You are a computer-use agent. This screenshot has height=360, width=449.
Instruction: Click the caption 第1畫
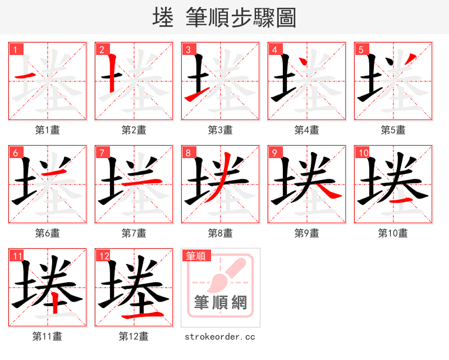click(48, 130)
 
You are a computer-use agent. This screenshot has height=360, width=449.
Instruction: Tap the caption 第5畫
click(393, 130)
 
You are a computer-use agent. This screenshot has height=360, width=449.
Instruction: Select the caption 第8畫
click(221, 233)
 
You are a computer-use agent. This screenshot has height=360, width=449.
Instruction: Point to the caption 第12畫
click(134, 336)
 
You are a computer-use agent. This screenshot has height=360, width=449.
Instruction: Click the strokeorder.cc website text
click(220, 336)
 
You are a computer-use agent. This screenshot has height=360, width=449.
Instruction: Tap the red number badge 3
click(188, 49)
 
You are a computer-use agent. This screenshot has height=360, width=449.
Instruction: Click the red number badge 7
click(102, 153)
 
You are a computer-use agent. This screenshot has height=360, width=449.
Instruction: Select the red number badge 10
click(363, 153)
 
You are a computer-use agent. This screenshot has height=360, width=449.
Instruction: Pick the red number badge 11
click(17, 256)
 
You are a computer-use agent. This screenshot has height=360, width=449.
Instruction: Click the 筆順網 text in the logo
click(221, 303)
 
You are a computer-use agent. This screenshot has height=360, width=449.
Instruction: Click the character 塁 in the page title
click(163, 17)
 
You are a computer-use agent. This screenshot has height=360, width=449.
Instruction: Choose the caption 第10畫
click(393, 233)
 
